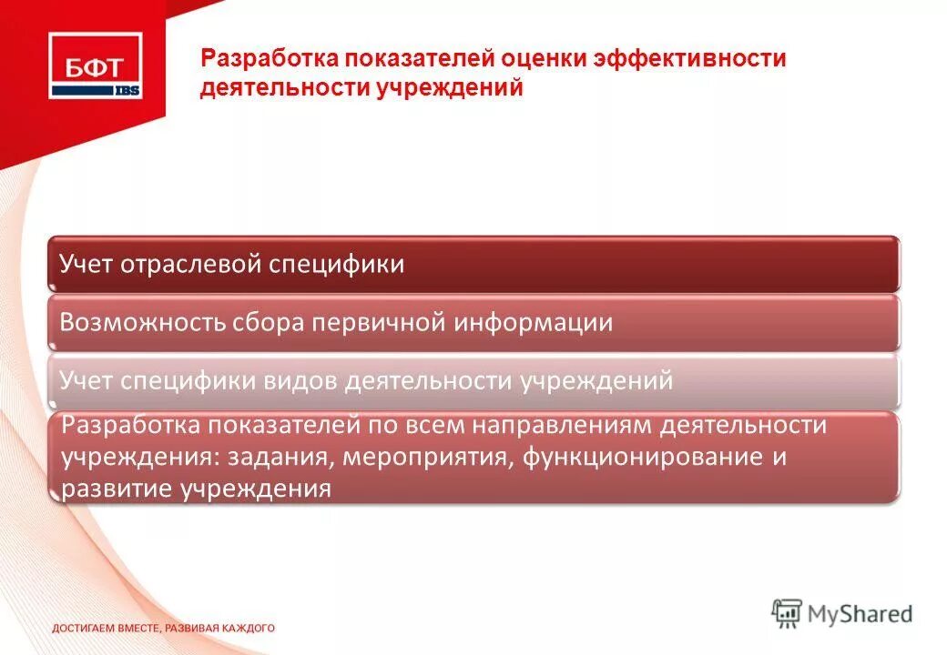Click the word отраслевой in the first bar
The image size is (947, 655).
pyautogui.click(x=191, y=265)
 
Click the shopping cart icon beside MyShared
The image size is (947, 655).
pyautogui.click(x=787, y=612)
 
